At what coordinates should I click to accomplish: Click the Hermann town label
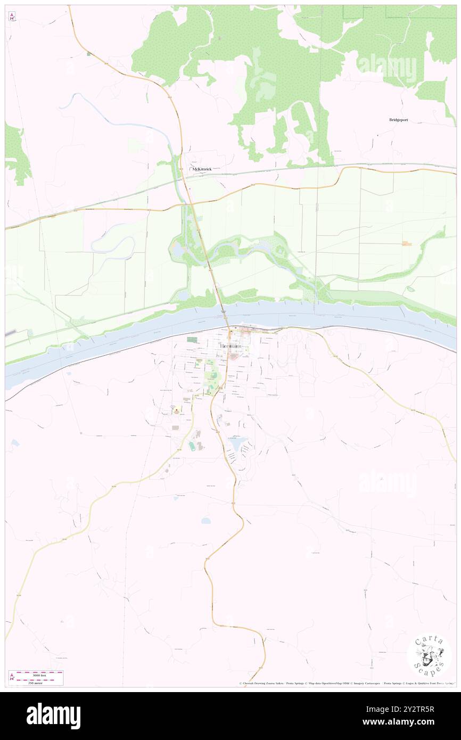(x=234, y=347)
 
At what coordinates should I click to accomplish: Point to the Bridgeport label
(x=398, y=120)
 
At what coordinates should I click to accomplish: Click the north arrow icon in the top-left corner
(x=12, y=17)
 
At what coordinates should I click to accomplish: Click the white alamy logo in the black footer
(x=53, y=716)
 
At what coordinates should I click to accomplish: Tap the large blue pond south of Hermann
(x=237, y=443)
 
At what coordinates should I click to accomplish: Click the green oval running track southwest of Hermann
(x=192, y=446)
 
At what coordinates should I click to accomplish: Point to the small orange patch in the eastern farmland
(x=407, y=243)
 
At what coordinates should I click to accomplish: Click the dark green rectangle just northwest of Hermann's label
(x=192, y=339)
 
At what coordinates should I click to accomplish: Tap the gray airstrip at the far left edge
(x=11, y=333)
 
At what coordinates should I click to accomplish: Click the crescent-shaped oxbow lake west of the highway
(x=112, y=246)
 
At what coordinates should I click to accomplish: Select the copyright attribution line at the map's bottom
(x=346, y=684)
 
